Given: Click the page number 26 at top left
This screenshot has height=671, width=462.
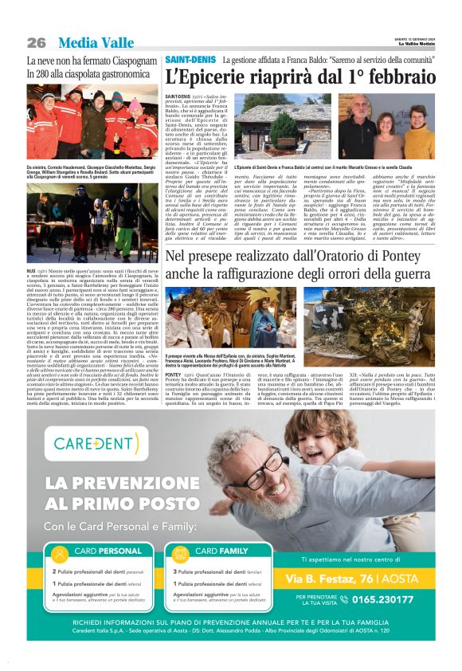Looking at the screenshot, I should pos(37,42).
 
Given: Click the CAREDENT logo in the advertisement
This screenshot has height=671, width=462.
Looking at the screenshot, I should pos(99,442).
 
